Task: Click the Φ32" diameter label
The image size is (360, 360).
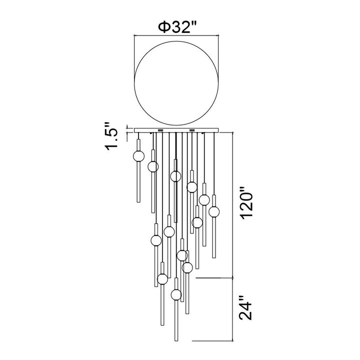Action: [177, 27]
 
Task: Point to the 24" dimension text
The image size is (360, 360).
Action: [245, 311]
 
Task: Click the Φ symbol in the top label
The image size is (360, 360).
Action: [164, 27]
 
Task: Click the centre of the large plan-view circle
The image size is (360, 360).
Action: [176, 83]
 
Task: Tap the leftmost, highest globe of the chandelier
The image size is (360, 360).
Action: [138, 156]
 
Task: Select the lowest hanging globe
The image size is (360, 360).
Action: [176, 294]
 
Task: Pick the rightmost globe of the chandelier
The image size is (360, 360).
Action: [214, 211]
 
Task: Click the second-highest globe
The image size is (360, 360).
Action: [153, 166]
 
